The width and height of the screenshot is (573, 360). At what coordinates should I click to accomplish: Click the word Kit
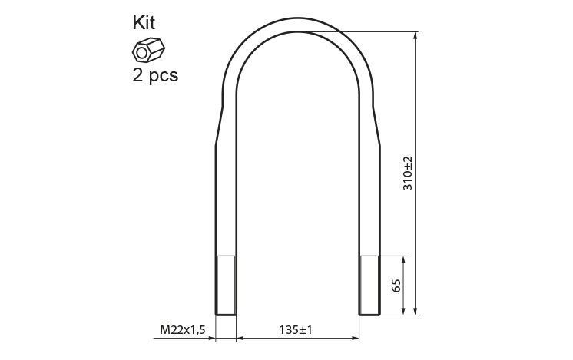(x=144, y=22)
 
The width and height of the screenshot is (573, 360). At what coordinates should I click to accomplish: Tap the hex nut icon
(x=148, y=49)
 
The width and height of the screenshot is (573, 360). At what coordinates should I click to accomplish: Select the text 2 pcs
(x=155, y=75)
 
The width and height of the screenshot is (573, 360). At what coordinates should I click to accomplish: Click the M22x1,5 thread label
(x=183, y=330)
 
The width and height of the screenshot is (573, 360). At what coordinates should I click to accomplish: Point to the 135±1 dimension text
(x=296, y=330)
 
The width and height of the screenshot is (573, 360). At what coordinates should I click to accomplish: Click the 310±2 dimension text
(x=407, y=173)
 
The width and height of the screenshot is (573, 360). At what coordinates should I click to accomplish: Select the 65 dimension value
(x=396, y=285)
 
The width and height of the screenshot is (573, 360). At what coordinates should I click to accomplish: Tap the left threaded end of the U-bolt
(x=226, y=285)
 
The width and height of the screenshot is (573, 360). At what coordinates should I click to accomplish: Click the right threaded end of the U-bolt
(x=369, y=285)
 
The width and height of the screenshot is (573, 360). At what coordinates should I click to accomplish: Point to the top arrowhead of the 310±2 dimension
(x=415, y=36)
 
